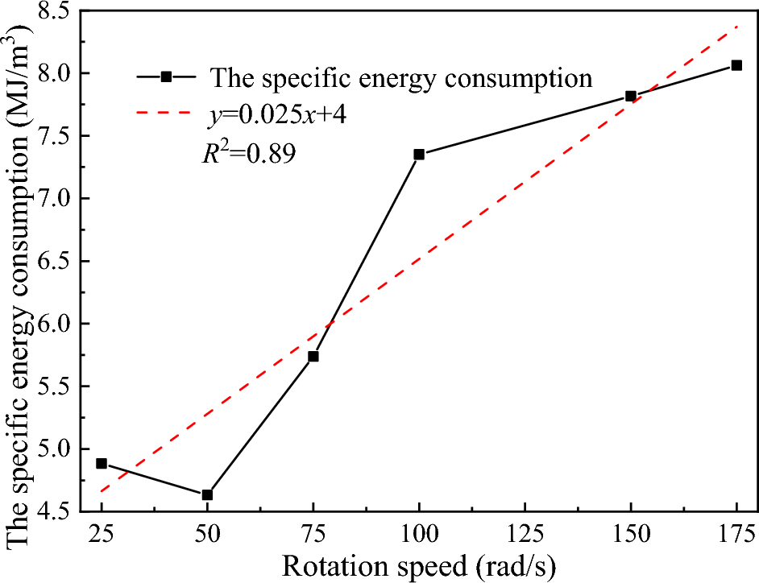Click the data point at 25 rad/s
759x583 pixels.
coord(102,464)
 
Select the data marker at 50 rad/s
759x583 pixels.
coord(207,494)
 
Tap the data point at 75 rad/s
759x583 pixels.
coord(313,356)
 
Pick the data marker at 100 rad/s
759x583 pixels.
coord(419,155)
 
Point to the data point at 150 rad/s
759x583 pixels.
coord(631,96)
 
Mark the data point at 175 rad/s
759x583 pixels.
coord(736,65)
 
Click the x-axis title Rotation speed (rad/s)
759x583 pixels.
coord(419,566)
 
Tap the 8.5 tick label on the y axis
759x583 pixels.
coord(53,11)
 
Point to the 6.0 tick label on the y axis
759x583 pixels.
coord(53,324)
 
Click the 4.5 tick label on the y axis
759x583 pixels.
coord(53,511)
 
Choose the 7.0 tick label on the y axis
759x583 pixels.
coord(53,199)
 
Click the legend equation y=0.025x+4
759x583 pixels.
coord(277,116)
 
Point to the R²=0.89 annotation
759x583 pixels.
coord(248,153)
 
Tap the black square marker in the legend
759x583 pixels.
coord(165,77)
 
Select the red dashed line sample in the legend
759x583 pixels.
coord(165,116)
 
